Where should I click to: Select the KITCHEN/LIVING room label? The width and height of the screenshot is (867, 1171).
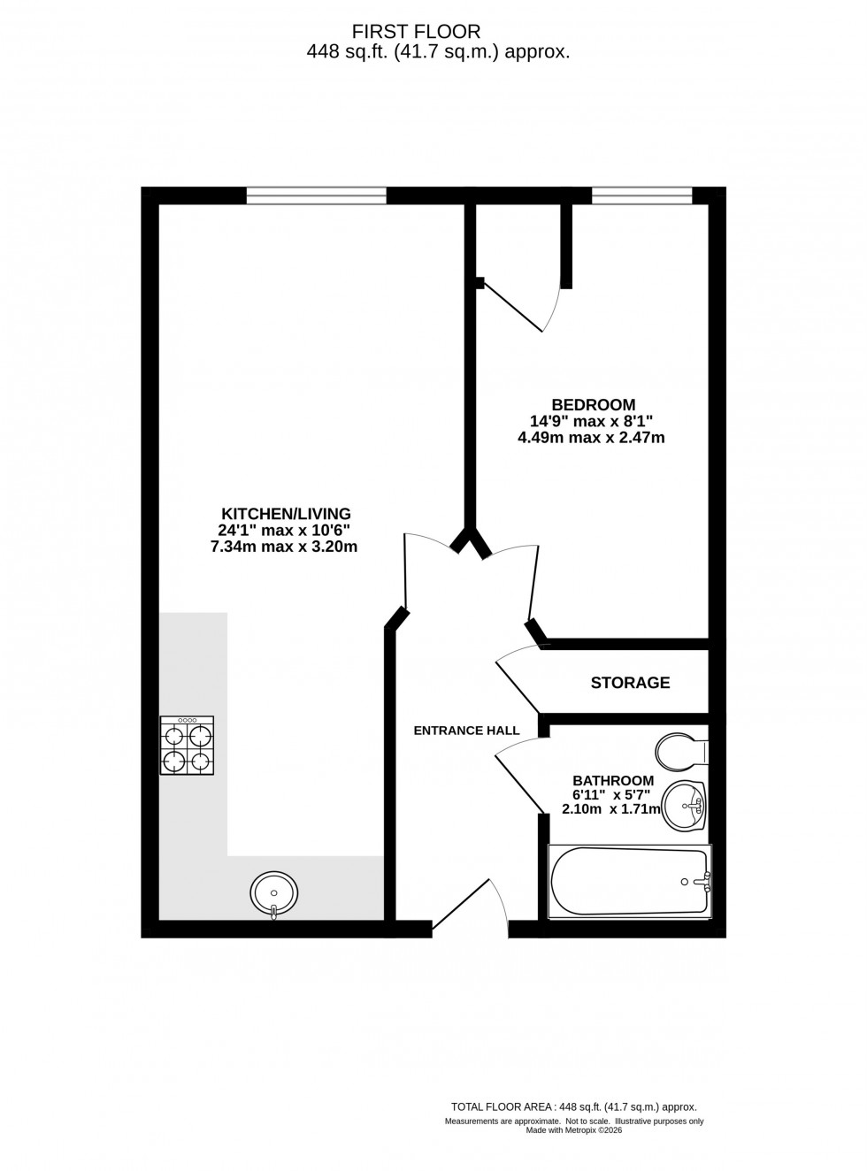286,514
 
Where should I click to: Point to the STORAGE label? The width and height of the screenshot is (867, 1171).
630,683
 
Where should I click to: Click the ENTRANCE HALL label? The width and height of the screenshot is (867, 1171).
466,731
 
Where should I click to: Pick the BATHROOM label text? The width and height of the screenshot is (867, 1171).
613,781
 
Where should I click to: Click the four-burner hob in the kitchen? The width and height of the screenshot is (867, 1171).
187,746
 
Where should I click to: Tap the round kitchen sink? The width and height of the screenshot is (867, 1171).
273,892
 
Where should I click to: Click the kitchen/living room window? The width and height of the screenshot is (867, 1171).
316,195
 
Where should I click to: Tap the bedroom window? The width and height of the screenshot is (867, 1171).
641,195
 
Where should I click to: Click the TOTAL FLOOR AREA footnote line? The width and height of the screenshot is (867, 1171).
574,1106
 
